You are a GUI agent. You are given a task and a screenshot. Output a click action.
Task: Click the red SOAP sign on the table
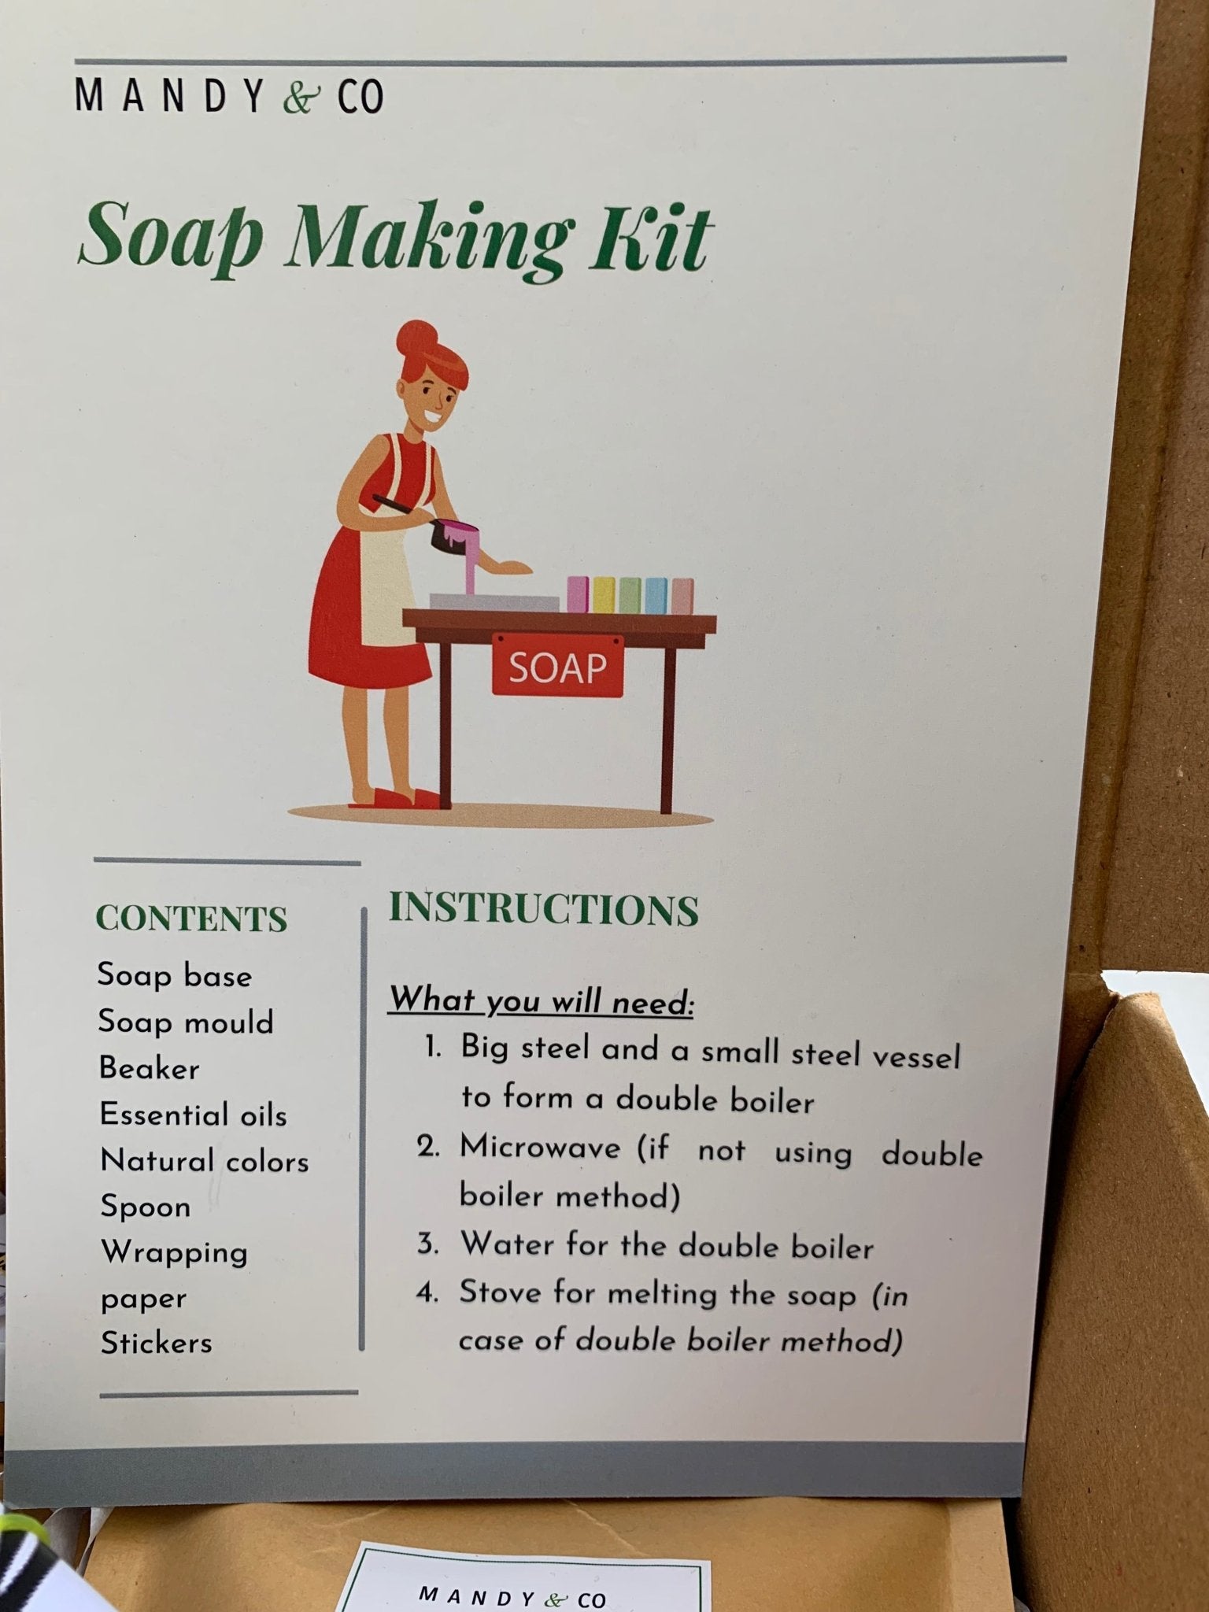click(x=557, y=667)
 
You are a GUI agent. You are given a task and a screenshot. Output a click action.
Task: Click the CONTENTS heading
click(x=191, y=919)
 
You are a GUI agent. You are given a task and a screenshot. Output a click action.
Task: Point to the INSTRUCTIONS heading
click(x=543, y=909)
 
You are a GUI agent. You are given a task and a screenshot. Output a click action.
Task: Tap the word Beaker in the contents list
click(x=150, y=1068)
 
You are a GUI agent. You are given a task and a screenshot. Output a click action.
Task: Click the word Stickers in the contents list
click(x=157, y=1343)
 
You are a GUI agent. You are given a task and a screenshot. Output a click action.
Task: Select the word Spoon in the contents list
click(x=146, y=1207)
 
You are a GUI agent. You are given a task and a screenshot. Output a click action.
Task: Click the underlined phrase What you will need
click(x=542, y=1000)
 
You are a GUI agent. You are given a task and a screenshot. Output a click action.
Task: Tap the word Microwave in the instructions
click(x=540, y=1148)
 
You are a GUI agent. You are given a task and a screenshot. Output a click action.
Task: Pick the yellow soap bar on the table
click(x=604, y=595)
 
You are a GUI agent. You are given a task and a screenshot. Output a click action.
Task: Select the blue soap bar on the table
click(x=656, y=595)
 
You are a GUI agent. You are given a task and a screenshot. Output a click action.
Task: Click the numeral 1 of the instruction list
click(x=431, y=1048)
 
